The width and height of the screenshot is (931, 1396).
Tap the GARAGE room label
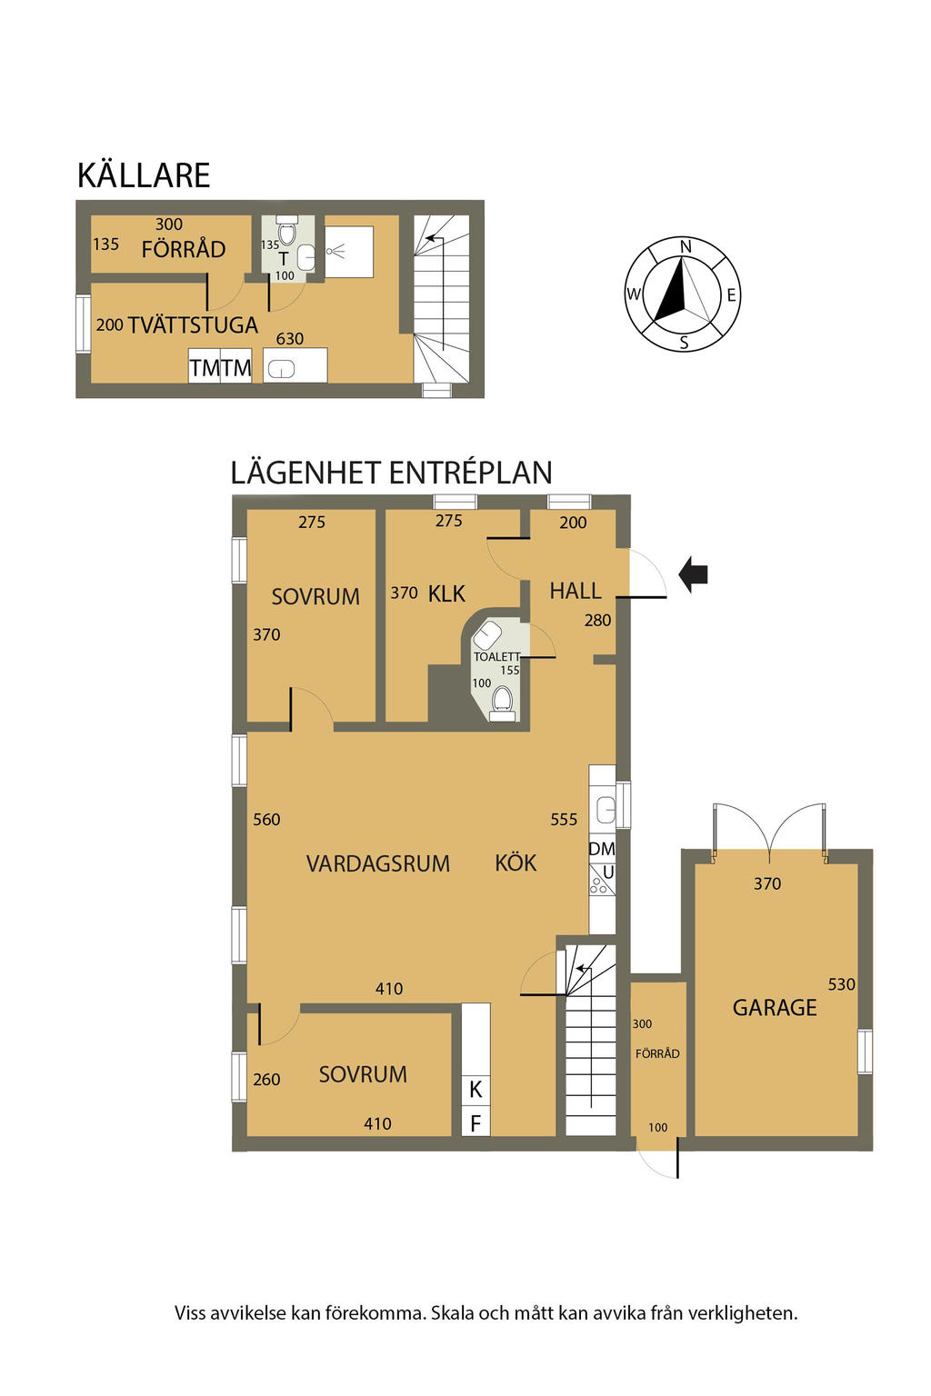coord(775,1007)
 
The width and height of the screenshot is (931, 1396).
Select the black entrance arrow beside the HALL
coord(693,574)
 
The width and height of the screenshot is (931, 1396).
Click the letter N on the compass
coord(686,247)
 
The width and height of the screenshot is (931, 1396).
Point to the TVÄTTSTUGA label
coord(193,324)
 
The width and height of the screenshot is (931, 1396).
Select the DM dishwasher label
coord(602,848)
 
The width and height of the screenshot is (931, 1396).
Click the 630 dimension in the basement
coord(290,338)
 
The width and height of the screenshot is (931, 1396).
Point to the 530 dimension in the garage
coord(841,984)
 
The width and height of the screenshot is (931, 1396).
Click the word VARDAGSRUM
coord(378,863)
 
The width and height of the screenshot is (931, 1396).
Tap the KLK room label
coord(446,593)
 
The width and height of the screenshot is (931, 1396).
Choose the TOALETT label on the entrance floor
coord(496,656)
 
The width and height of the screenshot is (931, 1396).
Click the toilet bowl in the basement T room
coord(286,232)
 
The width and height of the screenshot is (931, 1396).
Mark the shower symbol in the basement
coord(336,251)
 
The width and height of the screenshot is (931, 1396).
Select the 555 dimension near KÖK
coord(564,819)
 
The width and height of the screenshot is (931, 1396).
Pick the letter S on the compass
coord(684,342)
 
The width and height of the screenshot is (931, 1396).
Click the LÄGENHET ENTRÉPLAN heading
coord(392,473)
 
